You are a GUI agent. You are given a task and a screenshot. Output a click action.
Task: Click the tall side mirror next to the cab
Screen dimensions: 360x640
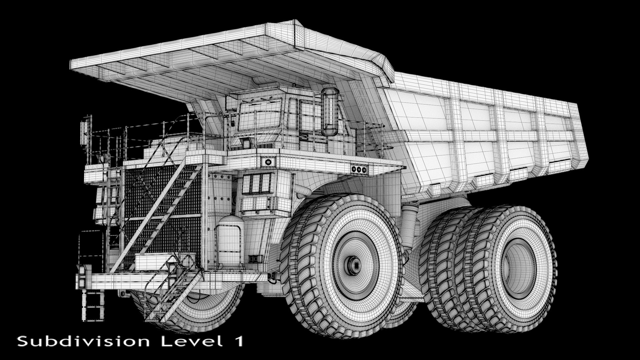point(330,112)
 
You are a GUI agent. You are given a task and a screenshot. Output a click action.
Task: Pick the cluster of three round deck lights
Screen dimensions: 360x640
point(359,169)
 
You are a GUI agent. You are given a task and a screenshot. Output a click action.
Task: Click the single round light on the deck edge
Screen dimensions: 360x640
point(268,162)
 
